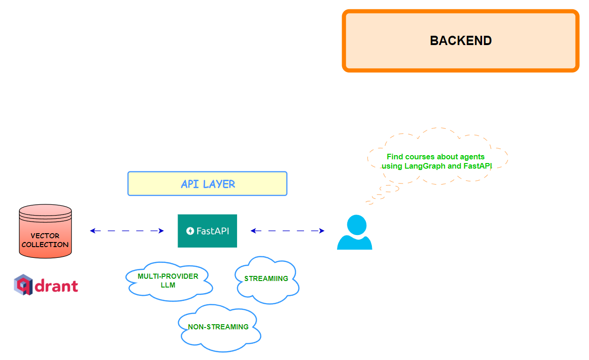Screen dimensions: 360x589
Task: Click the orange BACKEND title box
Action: point(461,41)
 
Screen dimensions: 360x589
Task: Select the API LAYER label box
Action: point(207,184)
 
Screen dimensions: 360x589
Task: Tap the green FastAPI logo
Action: point(207,231)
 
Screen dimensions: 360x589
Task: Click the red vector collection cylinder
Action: point(45,231)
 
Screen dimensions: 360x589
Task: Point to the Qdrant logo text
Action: point(56,286)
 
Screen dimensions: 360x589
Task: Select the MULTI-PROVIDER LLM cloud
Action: point(168,281)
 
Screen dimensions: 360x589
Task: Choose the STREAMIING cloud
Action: point(266,279)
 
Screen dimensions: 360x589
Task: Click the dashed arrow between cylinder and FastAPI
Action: point(127,231)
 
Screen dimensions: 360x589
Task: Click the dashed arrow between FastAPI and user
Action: point(287,231)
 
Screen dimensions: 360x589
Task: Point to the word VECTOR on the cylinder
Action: point(45,236)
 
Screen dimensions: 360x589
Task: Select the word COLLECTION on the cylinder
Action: point(45,244)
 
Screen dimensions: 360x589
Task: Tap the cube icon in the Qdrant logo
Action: point(23,285)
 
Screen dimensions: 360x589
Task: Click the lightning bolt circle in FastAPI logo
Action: point(190,231)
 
